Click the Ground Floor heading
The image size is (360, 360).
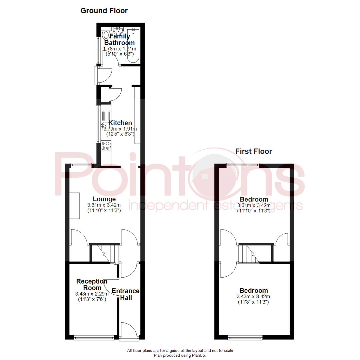pyautogui.click(x=104, y=11)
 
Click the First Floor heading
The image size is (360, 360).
pyautogui.click(x=254, y=151)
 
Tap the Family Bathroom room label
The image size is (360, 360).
pyautogui.click(x=119, y=39)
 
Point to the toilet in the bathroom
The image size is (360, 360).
pyautogui.click(x=106, y=35)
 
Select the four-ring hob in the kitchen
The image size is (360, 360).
pyautogui.click(x=106, y=145)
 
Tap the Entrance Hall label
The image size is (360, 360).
pyautogui.click(x=125, y=294)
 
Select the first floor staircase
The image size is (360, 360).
pyautogui.click(x=249, y=254)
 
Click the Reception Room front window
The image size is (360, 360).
pyautogui.click(x=93, y=338)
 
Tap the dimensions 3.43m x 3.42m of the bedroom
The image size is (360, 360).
pyautogui.click(x=253, y=297)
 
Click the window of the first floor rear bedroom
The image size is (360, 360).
pyautogui.click(x=243, y=164)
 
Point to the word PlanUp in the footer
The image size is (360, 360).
pyautogui.click(x=198, y=355)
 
